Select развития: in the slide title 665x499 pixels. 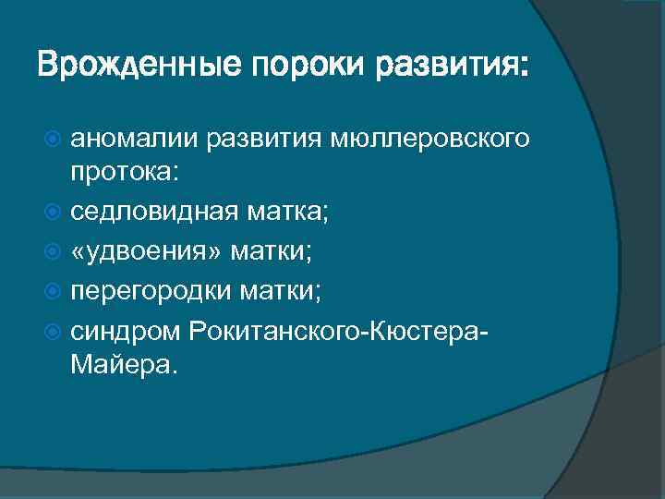pos(447,67)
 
